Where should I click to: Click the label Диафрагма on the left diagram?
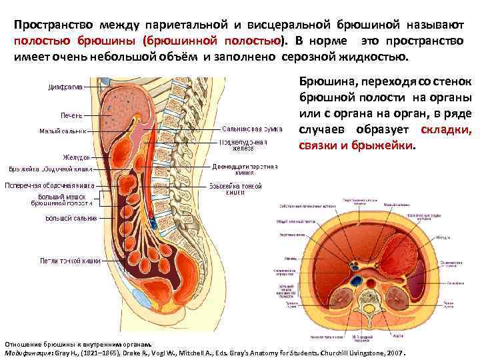click(x=65, y=87)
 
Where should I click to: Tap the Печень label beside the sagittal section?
click(x=71, y=115)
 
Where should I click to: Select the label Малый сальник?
click(x=63, y=131)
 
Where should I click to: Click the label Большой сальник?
click(x=71, y=218)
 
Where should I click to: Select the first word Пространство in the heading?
click(x=52, y=25)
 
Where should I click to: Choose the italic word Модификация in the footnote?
click(x=31, y=351)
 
